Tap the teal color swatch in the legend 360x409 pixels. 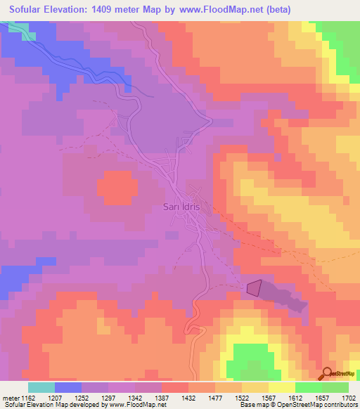41,387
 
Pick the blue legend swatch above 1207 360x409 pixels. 68,387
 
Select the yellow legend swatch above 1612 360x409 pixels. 282,387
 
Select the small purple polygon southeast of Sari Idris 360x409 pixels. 254,288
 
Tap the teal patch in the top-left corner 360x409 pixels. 22,30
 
